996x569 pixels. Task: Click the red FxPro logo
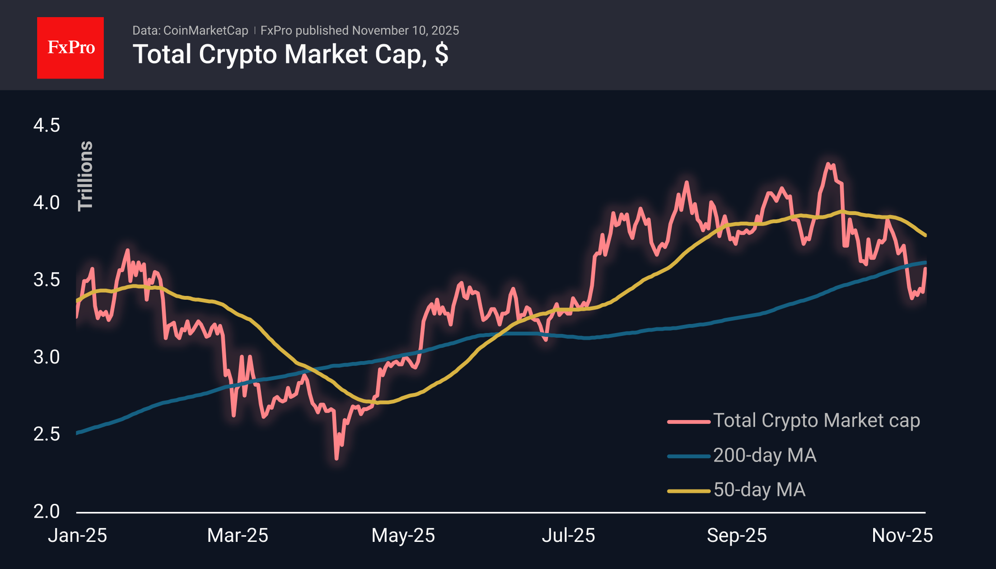(x=70, y=48)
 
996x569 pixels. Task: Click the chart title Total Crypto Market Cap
(x=290, y=54)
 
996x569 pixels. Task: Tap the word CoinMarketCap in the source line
(x=205, y=30)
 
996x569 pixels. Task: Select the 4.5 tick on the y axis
(x=47, y=126)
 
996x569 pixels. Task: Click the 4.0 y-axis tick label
(x=47, y=203)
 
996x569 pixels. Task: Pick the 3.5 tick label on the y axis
(x=47, y=280)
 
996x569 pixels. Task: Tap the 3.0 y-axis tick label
(x=47, y=357)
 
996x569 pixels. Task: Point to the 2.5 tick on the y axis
(x=47, y=434)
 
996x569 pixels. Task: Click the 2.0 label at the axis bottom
(x=47, y=511)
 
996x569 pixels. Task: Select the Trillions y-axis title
(x=86, y=176)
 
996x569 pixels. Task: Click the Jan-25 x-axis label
(x=77, y=536)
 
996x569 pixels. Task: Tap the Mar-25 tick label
(x=238, y=536)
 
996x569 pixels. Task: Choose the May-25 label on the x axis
(x=403, y=536)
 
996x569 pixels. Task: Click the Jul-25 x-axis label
(x=568, y=536)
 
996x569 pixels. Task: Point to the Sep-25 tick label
(x=737, y=536)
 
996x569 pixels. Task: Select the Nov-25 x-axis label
(x=902, y=536)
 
